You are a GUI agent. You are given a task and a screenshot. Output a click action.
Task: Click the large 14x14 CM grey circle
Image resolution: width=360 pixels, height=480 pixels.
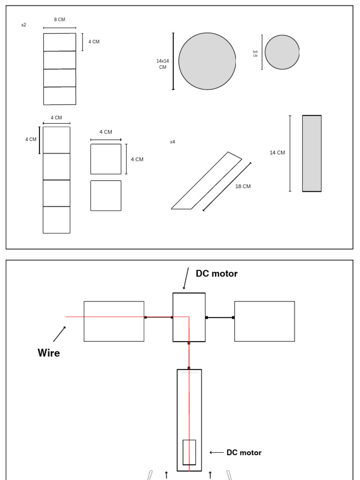coord(207,61)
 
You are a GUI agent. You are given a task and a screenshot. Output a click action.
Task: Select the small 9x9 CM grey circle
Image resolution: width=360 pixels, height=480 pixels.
coord(282,52)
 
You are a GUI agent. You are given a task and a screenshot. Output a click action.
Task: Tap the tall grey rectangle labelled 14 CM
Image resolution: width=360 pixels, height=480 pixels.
coord(312,153)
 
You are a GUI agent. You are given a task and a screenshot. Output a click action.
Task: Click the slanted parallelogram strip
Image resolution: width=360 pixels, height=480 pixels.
coord(206,181)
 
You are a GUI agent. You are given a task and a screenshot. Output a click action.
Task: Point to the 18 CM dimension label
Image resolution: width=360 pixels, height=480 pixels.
coord(243,187)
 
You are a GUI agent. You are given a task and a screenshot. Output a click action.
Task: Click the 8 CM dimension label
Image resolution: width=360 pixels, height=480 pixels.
coord(60,20)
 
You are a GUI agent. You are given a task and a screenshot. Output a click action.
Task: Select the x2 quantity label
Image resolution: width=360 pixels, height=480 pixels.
coord(23,25)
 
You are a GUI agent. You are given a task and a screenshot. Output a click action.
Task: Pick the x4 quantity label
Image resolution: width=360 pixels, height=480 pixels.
coord(172,142)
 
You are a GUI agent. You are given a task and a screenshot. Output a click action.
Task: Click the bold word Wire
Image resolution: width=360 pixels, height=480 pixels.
coord(49,353)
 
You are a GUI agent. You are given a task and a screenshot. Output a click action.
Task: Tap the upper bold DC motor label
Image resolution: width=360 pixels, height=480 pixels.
coord(217,274)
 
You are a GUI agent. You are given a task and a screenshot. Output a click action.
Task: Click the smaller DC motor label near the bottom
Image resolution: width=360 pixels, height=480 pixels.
coord(244,453)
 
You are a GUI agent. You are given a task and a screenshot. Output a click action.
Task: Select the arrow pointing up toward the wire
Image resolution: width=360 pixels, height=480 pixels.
coord(59,334)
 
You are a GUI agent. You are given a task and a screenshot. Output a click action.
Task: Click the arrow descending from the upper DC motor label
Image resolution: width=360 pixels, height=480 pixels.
coord(186,278)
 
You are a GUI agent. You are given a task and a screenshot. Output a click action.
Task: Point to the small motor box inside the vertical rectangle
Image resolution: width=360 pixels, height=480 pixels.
coord(189,452)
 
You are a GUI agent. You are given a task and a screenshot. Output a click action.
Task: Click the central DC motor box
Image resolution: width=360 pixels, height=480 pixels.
coord(189,317)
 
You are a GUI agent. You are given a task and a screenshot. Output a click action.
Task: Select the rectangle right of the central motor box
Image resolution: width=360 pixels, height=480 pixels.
coord(264,322)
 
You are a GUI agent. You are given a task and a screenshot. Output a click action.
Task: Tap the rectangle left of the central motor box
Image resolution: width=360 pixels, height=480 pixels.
coord(114,322)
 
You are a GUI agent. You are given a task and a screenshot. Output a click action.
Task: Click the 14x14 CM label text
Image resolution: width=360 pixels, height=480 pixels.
coord(163,64)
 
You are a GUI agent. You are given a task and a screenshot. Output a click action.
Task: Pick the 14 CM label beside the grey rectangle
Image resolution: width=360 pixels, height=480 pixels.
coord(277,153)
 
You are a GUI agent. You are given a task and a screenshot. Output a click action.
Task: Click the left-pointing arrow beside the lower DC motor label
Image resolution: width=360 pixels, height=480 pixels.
coord(217,453)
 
